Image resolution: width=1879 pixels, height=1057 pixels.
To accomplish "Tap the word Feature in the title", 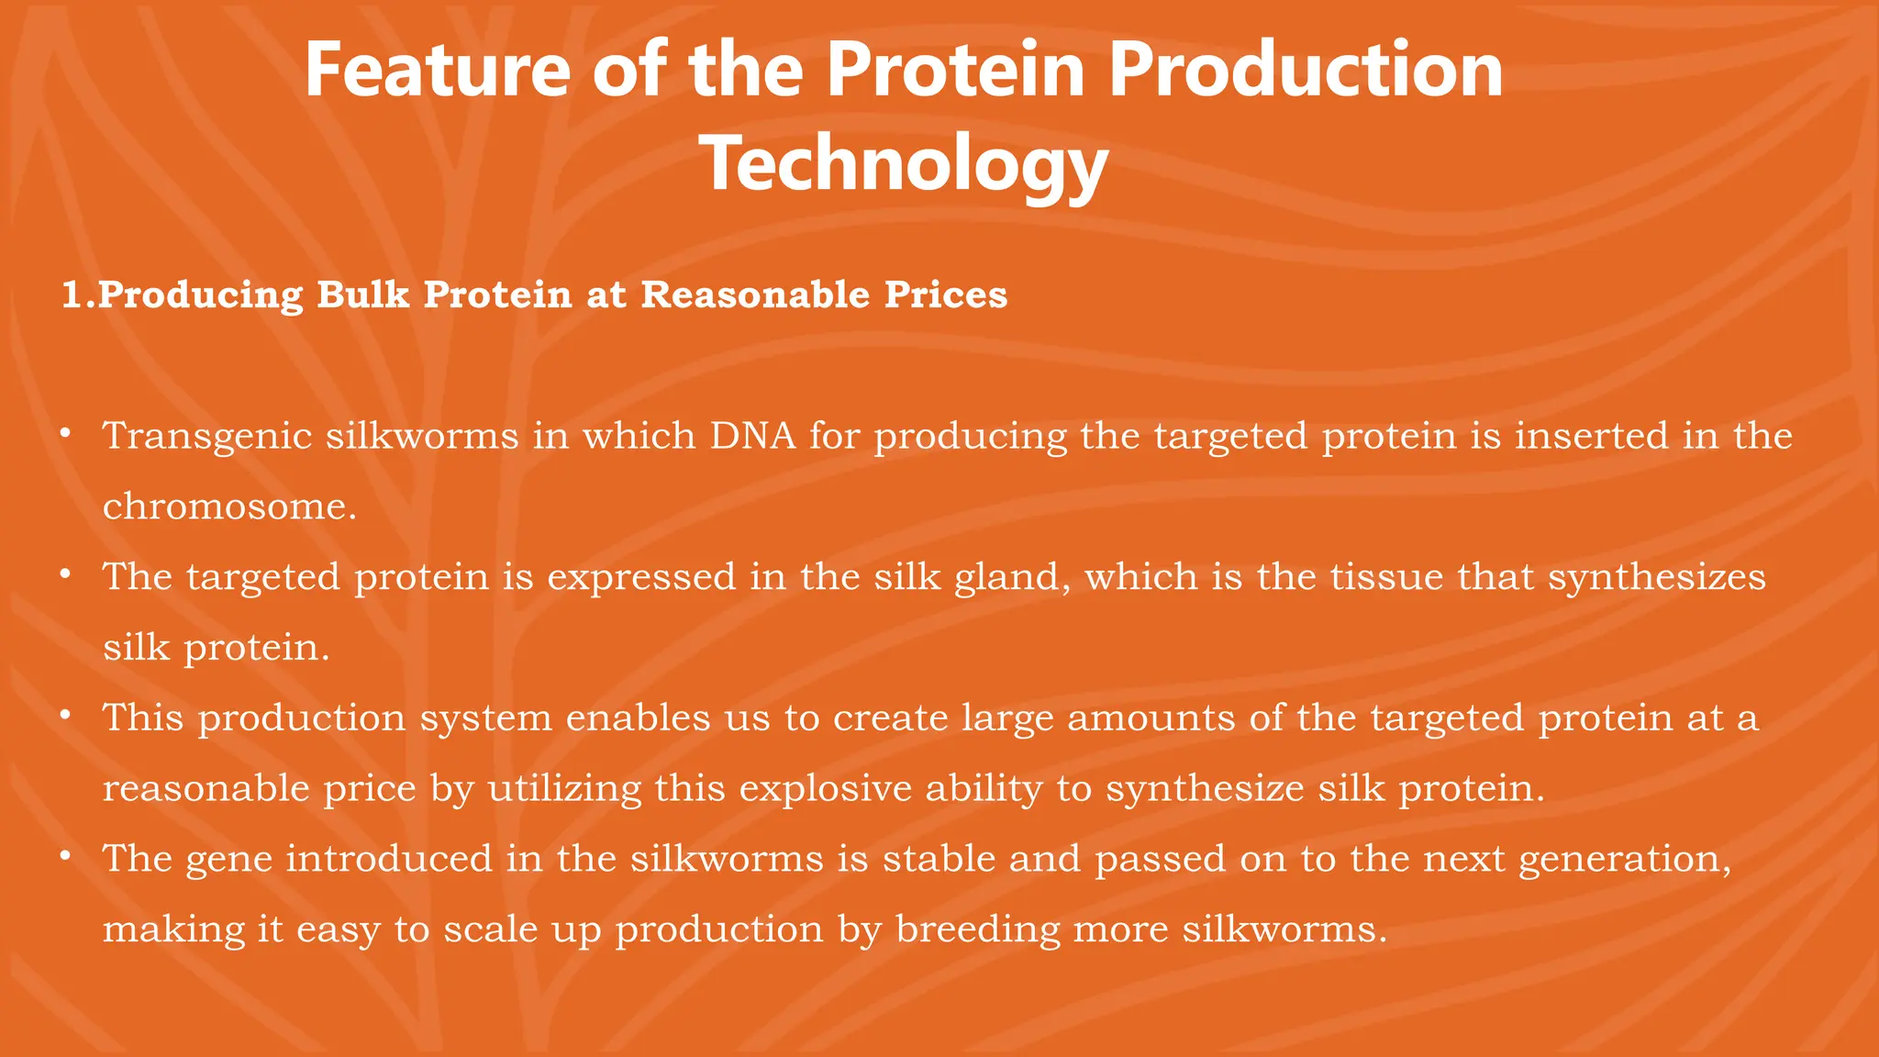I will tap(437, 72).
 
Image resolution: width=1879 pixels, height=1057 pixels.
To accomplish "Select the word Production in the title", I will tap(1306, 72).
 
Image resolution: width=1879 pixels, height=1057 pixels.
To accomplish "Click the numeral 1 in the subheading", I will tap(71, 295).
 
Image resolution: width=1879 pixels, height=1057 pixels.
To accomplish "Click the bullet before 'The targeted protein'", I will tap(65, 574).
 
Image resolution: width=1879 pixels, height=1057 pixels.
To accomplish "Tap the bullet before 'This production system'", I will tap(65, 716).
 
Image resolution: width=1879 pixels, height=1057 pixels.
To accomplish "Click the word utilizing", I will tap(564, 789).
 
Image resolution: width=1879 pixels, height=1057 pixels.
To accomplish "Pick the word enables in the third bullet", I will tap(638, 718).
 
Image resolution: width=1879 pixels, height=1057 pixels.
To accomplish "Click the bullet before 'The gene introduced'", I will tap(65, 857).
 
